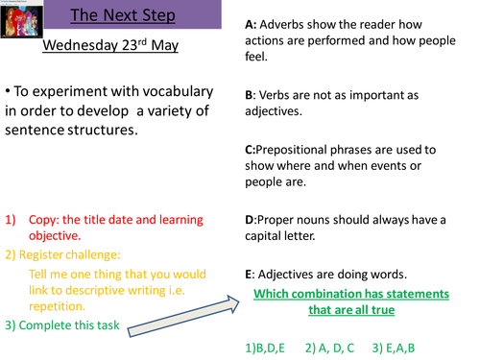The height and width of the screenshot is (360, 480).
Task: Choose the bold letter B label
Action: click(x=250, y=95)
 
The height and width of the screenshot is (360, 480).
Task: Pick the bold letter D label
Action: click(x=251, y=220)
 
